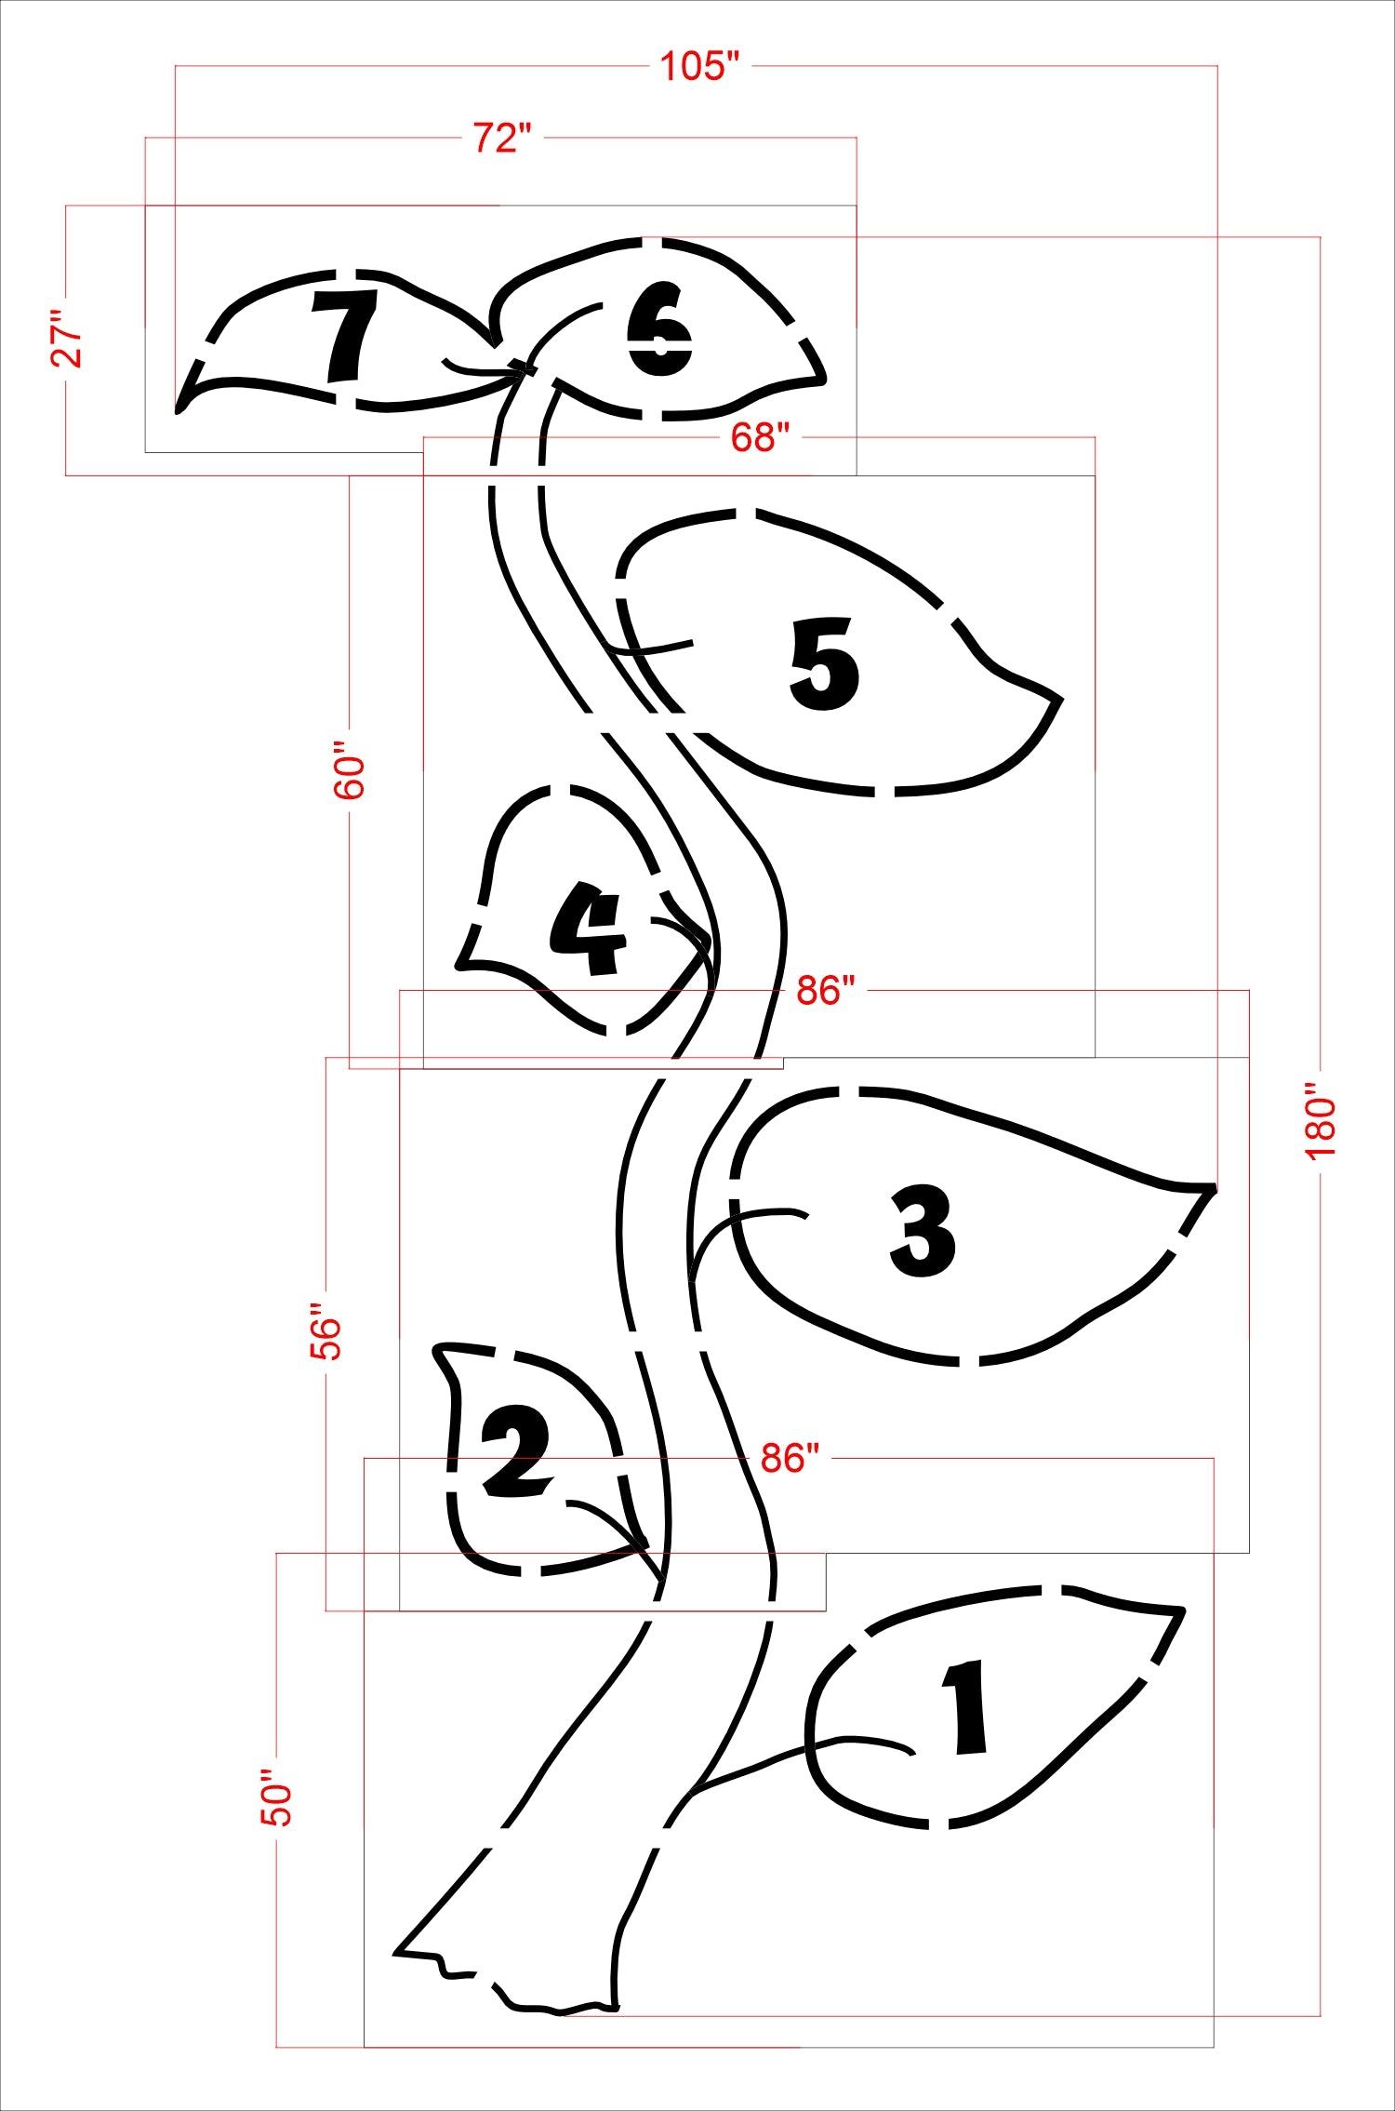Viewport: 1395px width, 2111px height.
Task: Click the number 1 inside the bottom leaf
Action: pos(966,1708)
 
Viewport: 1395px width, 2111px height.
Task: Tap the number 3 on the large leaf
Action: pos(922,1230)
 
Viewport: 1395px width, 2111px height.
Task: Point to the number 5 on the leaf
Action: pos(824,663)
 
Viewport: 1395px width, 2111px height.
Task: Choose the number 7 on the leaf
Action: pos(345,336)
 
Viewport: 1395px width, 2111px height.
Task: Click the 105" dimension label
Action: pos(700,66)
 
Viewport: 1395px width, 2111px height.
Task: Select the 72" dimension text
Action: pos(502,138)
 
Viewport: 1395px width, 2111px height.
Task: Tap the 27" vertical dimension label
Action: pos(67,339)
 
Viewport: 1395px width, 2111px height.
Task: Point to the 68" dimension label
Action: pos(760,436)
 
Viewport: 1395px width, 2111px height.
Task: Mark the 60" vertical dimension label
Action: pos(350,770)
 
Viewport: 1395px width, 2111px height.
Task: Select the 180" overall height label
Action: pos(1321,1121)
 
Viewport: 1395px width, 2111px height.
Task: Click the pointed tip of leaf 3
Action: pos(1214,1188)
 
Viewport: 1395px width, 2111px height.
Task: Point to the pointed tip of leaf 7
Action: pos(178,408)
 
